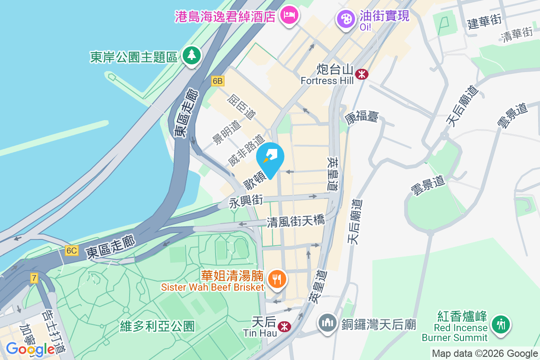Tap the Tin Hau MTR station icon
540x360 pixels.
[284, 326]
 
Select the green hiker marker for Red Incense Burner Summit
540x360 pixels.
[500, 324]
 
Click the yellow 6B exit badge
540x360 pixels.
[218, 81]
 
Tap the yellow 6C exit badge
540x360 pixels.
[72, 251]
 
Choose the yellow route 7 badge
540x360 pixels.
[34, 278]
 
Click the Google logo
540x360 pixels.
[30, 349]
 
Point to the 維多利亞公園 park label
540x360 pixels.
[157, 326]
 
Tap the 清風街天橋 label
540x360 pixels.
[296, 221]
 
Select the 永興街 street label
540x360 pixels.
[246, 201]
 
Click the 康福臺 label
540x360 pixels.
[362, 118]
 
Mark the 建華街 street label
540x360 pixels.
[484, 22]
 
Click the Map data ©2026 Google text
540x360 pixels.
[484, 353]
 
